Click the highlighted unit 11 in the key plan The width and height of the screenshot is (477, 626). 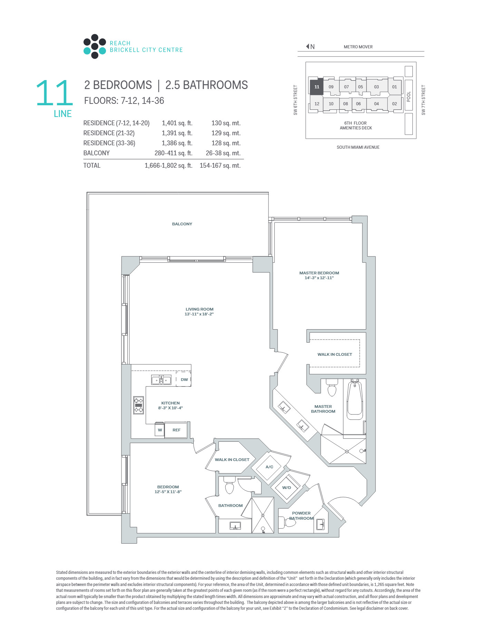[317, 87]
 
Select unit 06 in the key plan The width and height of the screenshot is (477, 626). [358, 104]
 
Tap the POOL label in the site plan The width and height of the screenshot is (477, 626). [409, 97]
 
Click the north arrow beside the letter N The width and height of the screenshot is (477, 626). [308, 47]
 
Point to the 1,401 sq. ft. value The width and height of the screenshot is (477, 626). [177, 123]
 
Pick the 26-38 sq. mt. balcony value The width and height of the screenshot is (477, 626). [223, 153]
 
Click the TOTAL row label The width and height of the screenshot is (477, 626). [92, 166]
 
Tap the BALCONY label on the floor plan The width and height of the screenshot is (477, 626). [182, 224]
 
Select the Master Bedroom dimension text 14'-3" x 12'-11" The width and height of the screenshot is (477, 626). [319, 278]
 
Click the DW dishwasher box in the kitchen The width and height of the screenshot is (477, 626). [184, 379]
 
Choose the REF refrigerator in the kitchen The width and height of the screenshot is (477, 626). [176, 430]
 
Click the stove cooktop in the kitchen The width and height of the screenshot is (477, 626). [138, 405]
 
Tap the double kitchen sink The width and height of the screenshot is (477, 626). [161, 380]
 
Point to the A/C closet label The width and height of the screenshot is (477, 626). [269, 467]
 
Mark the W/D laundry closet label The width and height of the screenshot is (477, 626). [286, 488]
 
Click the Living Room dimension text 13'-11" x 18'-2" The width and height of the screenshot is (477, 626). [199, 314]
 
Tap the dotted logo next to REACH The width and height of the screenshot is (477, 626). [95, 47]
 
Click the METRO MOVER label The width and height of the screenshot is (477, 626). [358, 47]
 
